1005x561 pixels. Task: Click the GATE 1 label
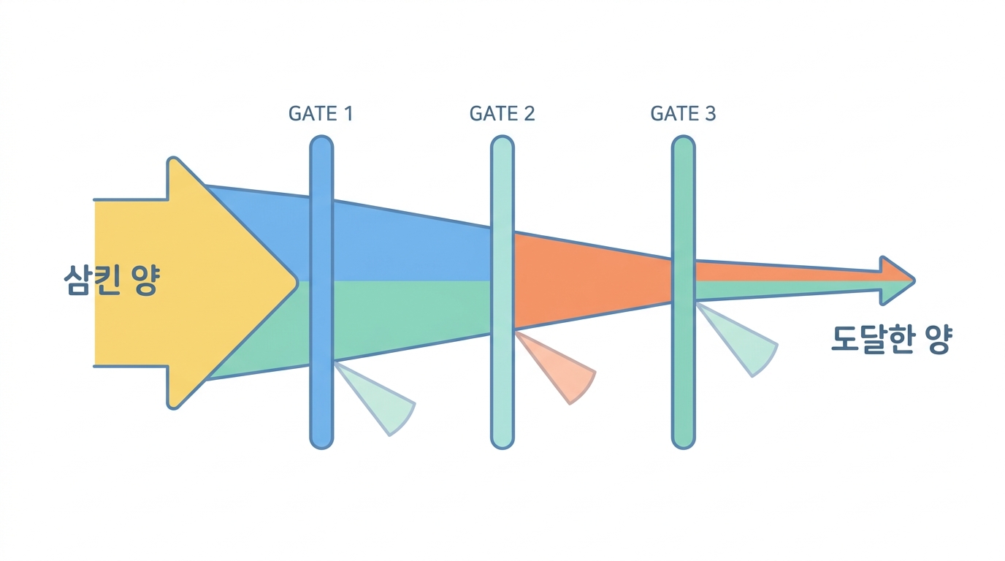[321, 113]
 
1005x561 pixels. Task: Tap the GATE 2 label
[502, 113]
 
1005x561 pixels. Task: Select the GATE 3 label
[683, 113]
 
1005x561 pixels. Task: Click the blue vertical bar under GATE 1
[321, 291]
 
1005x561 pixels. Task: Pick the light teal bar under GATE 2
[502, 291]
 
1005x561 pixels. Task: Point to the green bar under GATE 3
[684, 291]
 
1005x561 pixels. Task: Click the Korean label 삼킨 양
[112, 280]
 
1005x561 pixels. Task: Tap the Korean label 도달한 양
[890, 340]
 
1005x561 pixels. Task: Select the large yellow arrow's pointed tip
[297, 282]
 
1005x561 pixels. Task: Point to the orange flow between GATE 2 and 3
[592, 281]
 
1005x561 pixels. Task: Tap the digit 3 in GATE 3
[710, 113]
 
